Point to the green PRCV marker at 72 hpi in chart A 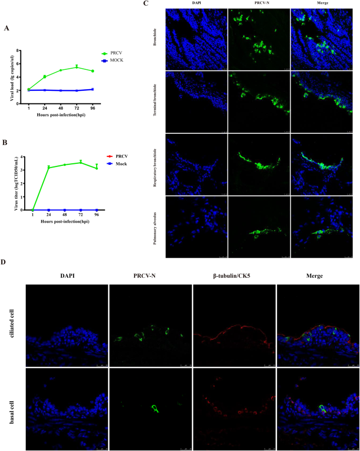coord(77,67)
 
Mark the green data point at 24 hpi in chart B coord(48,167)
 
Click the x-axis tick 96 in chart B coord(96,214)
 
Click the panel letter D coord(5,263)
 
